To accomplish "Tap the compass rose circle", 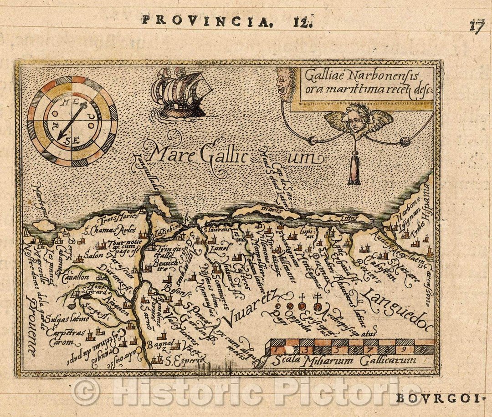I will (72, 121).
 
